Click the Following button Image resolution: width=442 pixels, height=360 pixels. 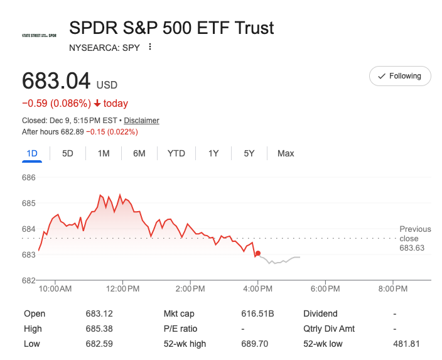click(x=400, y=76)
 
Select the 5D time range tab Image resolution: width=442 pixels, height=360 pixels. click(x=68, y=153)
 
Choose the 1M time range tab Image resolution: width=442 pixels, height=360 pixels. click(x=104, y=153)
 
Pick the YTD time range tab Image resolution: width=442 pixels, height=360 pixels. click(x=176, y=153)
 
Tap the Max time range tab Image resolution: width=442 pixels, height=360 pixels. click(x=286, y=153)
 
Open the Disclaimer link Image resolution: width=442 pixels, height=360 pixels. click(x=141, y=121)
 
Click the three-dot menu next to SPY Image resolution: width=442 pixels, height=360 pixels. click(x=149, y=47)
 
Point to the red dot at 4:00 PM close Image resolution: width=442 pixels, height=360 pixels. click(x=258, y=253)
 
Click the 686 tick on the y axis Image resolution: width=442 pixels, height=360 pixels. click(x=29, y=178)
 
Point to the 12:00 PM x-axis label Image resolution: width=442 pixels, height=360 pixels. click(x=122, y=289)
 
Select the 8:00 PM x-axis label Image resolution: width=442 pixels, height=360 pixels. click(x=394, y=289)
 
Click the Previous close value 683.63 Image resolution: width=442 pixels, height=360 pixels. click(x=412, y=248)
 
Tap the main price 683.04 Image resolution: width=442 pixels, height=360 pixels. click(x=56, y=82)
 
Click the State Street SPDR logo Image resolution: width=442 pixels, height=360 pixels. click(x=39, y=35)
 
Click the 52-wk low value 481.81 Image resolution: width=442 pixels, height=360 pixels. click(x=407, y=344)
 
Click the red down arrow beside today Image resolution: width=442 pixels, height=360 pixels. click(x=97, y=104)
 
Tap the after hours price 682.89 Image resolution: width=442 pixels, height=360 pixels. click(x=70, y=132)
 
